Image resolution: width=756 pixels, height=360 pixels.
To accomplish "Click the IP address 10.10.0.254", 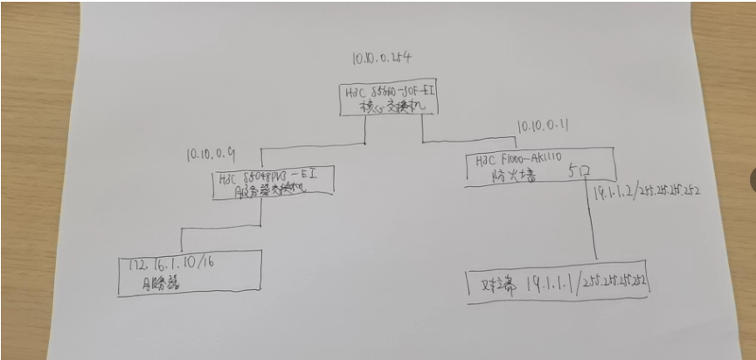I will [x=381, y=59].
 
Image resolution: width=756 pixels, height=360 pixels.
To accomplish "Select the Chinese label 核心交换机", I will [x=388, y=107].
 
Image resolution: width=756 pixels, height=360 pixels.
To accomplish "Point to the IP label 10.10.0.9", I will [x=212, y=155].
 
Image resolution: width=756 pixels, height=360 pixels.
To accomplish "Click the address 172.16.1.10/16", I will [x=172, y=263].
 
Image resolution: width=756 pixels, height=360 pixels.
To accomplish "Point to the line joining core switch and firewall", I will [x=472, y=140].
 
